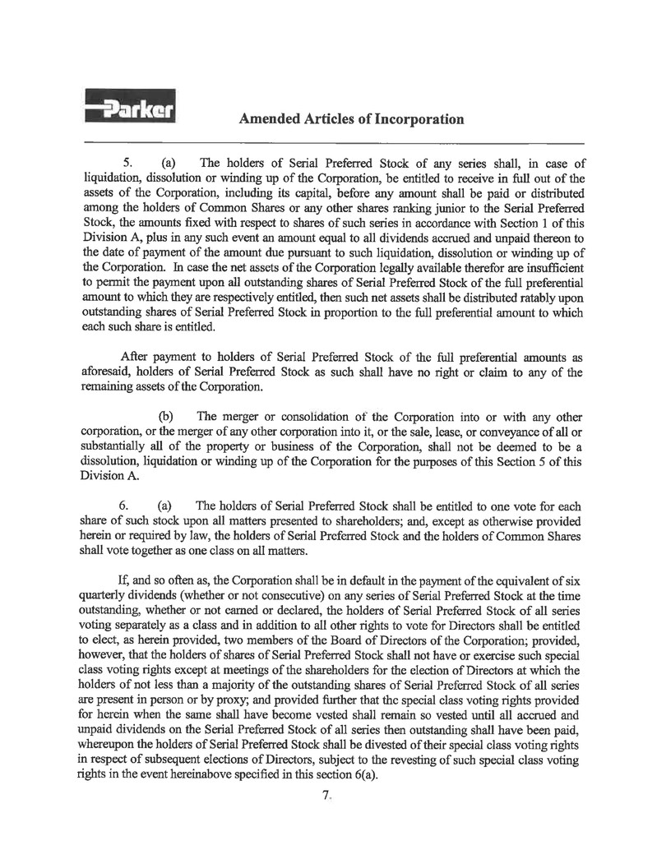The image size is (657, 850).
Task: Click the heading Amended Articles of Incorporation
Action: tap(351, 119)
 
